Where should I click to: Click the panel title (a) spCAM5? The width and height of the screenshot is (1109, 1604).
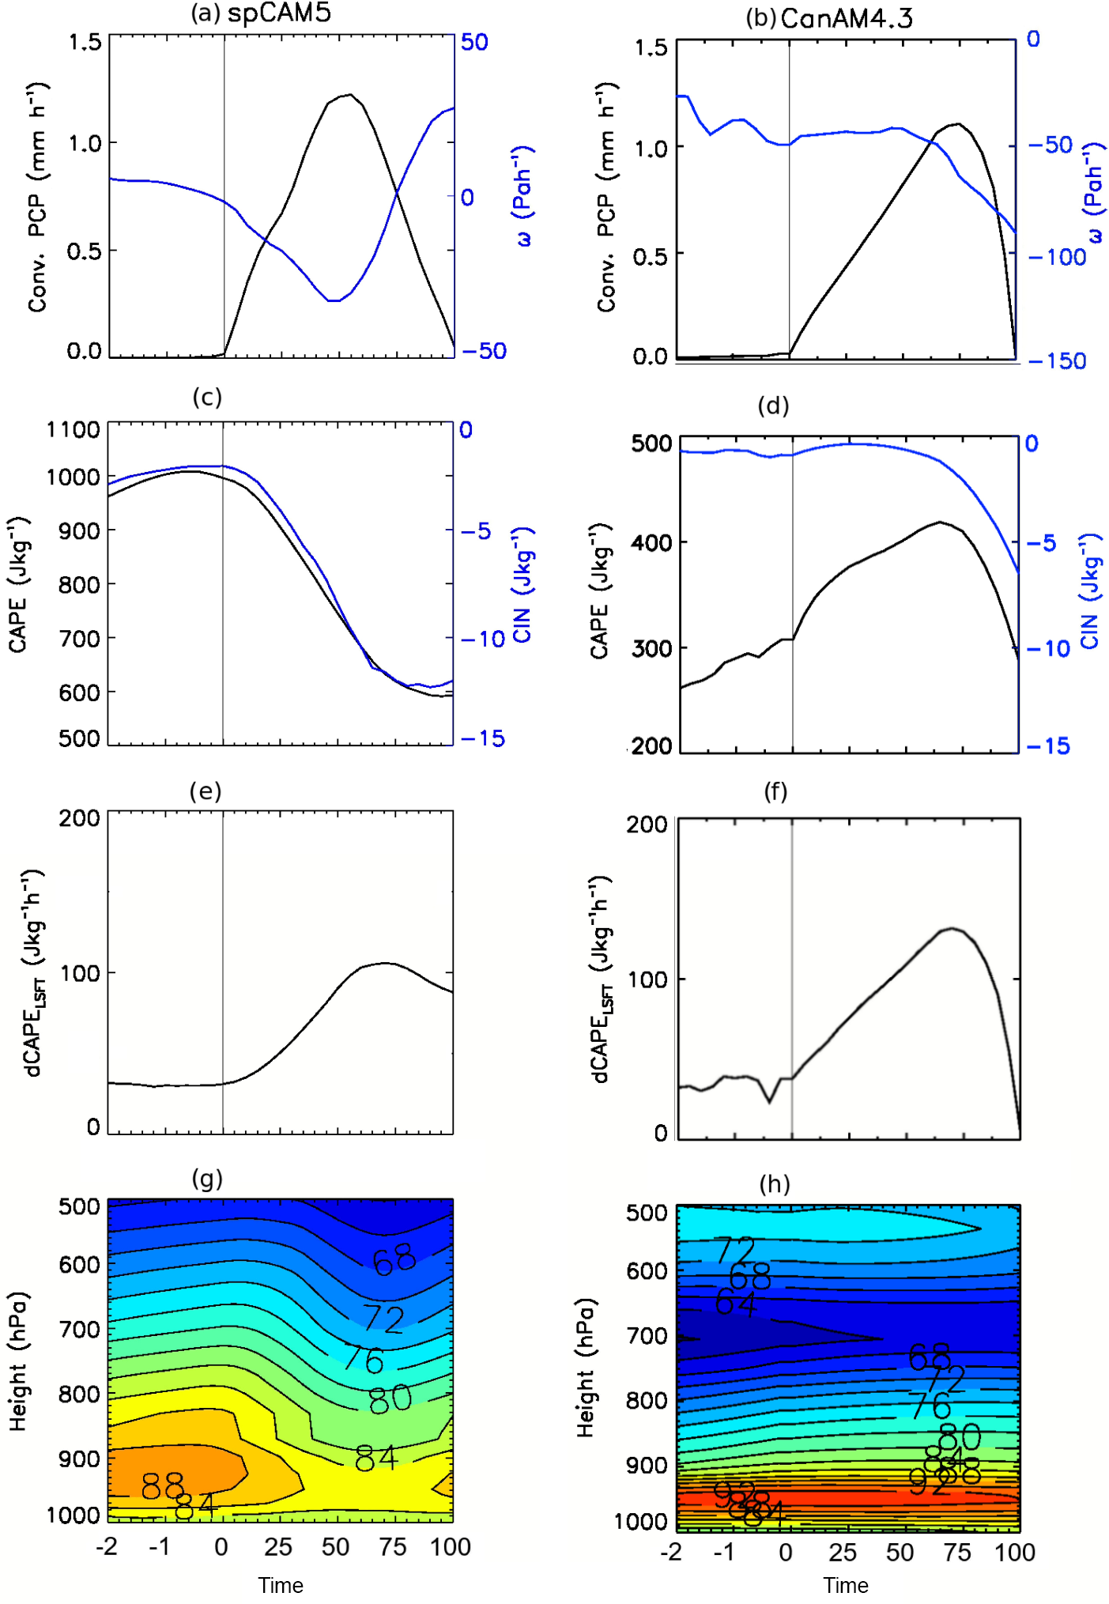click(261, 13)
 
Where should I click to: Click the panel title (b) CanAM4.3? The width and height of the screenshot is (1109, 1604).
click(829, 18)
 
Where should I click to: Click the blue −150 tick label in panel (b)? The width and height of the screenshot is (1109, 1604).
click(1057, 361)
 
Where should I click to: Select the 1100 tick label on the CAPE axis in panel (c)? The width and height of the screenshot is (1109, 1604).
click(74, 430)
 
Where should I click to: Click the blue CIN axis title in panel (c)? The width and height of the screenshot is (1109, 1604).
click(522, 584)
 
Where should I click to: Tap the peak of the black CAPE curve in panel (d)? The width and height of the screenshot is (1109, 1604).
click(940, 522)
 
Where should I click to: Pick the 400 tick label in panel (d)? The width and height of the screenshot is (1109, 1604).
click(651, 543)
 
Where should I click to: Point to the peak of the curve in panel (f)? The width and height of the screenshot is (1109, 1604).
click(952, 928)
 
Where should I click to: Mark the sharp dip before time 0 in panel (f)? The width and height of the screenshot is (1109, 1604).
click(770, 1101)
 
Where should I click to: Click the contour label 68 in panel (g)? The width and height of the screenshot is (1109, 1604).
click(394, 1260)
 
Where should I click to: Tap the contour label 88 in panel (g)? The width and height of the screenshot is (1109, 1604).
click(163, 1486)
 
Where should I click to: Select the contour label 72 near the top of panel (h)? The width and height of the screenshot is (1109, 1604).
click(735, 1251)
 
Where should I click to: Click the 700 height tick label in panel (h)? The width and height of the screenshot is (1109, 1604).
click(646, 1336)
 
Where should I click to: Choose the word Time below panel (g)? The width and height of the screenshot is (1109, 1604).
click(281, 1585)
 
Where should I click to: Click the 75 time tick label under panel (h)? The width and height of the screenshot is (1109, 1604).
click(957, 1553)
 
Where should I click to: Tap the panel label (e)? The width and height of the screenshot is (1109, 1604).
click(206, 791)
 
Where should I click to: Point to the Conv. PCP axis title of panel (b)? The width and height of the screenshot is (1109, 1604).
click(605, 198)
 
